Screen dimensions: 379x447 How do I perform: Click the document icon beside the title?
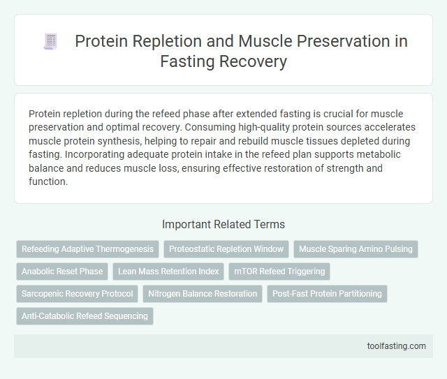click(x=50, y=42)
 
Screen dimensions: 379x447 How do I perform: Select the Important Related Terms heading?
click(x=223, y=224)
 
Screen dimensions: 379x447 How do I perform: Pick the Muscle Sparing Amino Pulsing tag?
click(x=356, y=249)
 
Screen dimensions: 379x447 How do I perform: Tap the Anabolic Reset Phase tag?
click(x=62, y=272)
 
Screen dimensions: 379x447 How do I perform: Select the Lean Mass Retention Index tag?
click(x=168, y=272)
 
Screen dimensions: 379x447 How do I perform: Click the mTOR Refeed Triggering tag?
click(x=279, y=272)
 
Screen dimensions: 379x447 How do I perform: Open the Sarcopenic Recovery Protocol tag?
click(x=78, y=294)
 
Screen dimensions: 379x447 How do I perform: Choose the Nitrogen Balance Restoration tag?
click(x=203, y=294)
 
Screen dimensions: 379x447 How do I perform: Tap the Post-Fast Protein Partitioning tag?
click(x=327, y=294)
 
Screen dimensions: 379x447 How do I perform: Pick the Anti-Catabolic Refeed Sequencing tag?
click(x=85, y=316)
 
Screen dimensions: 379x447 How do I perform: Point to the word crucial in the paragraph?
click(x=356, y=114)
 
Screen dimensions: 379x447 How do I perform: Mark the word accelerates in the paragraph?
click(x=382, y=127)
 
